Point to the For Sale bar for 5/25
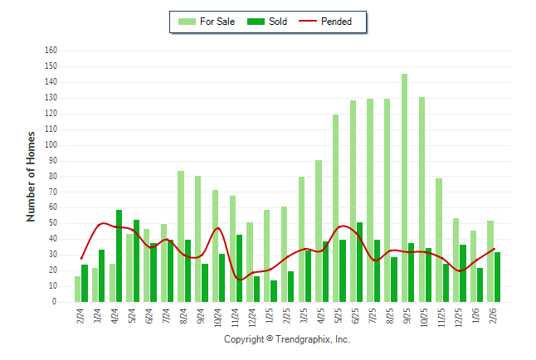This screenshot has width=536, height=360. click(336, 208)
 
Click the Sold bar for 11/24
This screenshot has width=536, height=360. click(239, 269)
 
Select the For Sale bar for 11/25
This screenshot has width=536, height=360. click(439, 241)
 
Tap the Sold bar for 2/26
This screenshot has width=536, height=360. click(498, 277)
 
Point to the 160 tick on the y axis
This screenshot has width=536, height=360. click(51, 51)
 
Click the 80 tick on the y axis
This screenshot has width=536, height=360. click(52, 177)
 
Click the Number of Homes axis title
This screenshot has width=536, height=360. click(32, 176)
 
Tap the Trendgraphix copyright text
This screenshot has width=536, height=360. click(287, 339)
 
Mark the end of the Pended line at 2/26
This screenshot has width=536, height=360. click(495, 249)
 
